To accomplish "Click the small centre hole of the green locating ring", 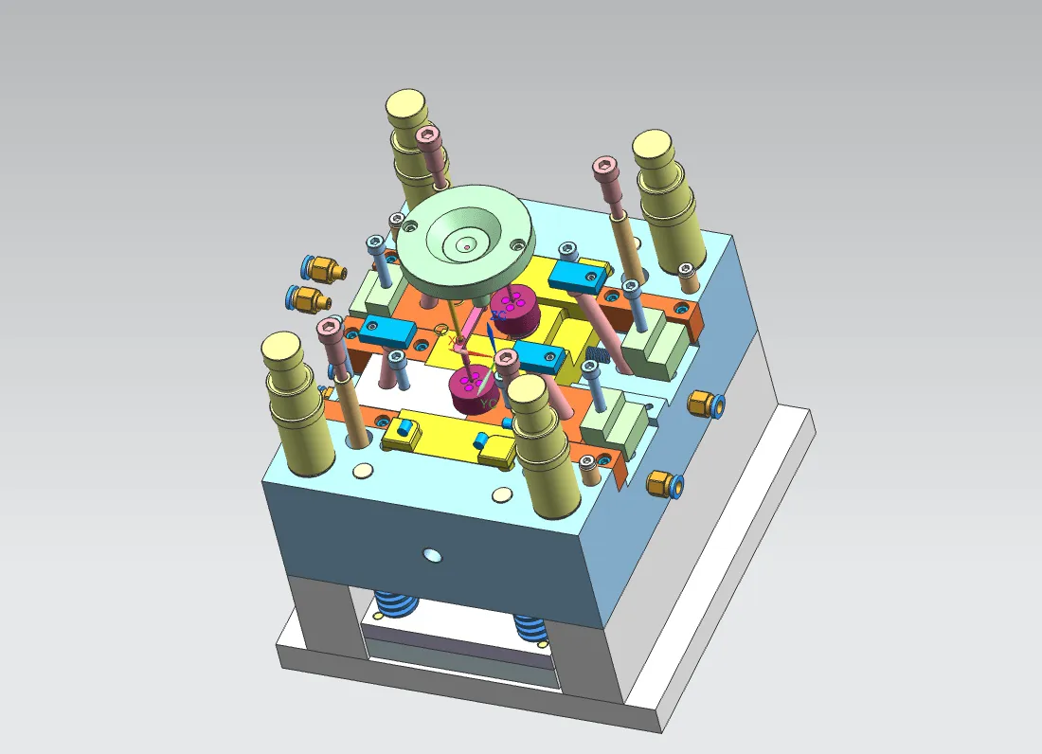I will click(x=466, y=246).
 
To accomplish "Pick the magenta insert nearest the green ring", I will click(x=514, y=308).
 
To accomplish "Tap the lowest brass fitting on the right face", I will click(x=665, y=484).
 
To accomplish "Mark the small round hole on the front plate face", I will click(x=433, y=553).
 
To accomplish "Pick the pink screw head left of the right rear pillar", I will click(x=604, y=169).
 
